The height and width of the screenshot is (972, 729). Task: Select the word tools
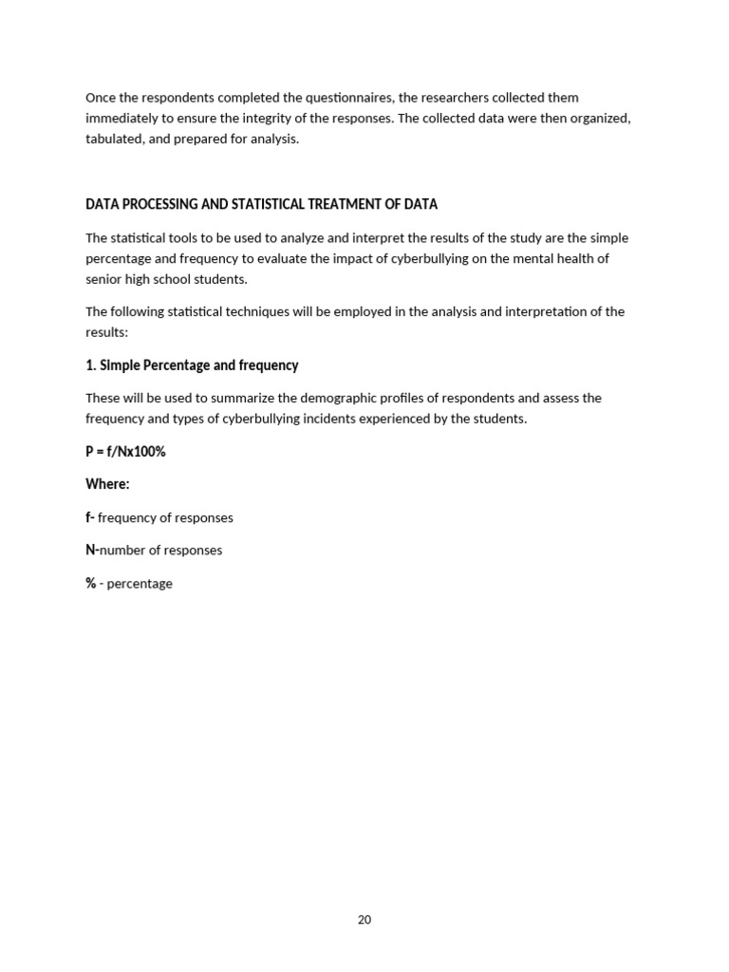pos(180,238)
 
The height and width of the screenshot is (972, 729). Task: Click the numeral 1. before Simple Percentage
pos(91,365)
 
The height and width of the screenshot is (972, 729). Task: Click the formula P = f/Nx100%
pos(125,452)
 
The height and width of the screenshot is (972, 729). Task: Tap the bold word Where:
pos(107,484)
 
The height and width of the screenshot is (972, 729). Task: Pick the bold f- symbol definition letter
pos(90,517)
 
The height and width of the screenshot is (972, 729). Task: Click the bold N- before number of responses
pos(92,551)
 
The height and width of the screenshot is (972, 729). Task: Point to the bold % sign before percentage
pos(90,584)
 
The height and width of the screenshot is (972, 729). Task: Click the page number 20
pos(364,920)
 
